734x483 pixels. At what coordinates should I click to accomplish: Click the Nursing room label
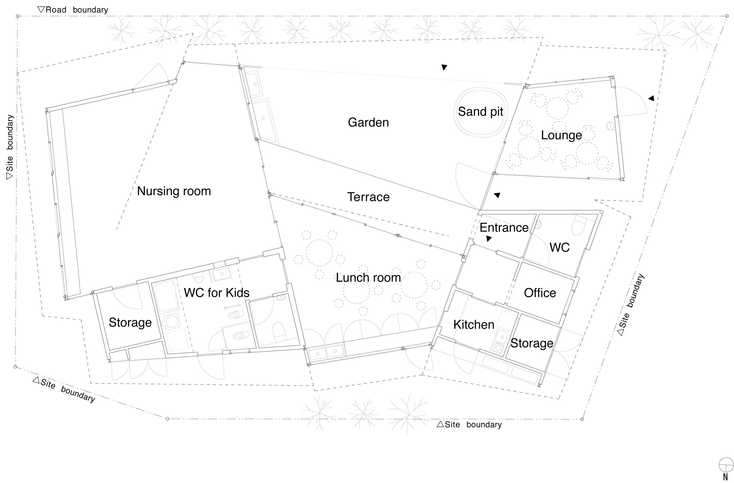tap(174, 191)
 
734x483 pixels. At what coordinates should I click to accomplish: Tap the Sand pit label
tap(480, 111)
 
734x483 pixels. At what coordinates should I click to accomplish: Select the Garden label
tap(368, 122)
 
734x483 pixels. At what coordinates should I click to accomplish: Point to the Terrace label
tap(368, 197)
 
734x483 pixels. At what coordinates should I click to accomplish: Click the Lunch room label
tap(368, 278)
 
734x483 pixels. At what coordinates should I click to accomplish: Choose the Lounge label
tap(562, 135)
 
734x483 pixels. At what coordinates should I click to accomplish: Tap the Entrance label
tap(504, 227)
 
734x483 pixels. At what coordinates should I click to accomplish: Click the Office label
tap(540, 293)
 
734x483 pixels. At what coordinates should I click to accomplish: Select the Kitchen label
tap(474, 325)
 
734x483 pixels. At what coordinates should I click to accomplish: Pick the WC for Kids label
tap(217, 293)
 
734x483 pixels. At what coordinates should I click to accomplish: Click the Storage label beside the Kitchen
tap(532, 343)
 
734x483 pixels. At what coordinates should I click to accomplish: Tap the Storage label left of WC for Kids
tap(130, 322)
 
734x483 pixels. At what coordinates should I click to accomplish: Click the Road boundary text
tap(73, 10)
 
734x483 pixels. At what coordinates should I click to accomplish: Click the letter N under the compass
tap(725, 477)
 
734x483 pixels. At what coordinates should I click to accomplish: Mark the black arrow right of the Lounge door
tap(651, 98)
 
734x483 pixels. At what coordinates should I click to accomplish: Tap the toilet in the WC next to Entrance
tap(580, 224)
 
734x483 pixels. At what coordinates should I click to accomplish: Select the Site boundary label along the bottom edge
tap(469, 424)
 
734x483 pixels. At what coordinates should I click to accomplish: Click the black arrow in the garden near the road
tap(444, 67)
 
